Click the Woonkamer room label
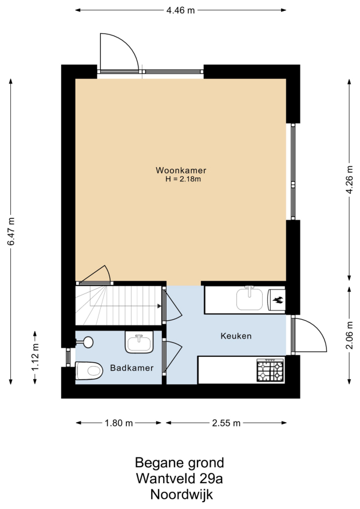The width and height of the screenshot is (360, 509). click(181, 170)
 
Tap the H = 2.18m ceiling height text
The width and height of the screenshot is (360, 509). click(183, 179)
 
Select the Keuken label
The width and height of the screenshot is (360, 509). click(236, 336)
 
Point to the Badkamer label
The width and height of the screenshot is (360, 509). click(132, 368)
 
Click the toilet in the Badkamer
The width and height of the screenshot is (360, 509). click(89, 371)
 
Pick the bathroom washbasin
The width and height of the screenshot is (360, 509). click(139, 342)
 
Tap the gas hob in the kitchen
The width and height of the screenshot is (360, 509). click(270, 370)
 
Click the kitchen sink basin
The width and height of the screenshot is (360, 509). click(250, 299)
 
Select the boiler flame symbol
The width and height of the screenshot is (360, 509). click(277, 300)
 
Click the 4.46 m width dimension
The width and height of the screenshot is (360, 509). click(181, 10)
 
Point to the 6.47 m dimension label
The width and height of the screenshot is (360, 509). click(11, 232)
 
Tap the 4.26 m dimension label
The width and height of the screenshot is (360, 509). click(349, 180)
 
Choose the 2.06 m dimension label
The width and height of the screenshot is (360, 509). click(349, 335)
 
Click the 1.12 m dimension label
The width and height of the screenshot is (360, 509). click(35, 357)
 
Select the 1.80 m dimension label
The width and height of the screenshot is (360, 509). click(118, 423)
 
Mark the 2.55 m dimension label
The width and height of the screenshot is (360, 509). click(226, 423)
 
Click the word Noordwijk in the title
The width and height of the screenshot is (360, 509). click(181, 495)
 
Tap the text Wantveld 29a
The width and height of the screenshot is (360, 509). click(179, 479)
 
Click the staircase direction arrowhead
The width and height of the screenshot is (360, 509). click(159, 306)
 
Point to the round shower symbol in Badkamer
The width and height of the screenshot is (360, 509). click(88, 342)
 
